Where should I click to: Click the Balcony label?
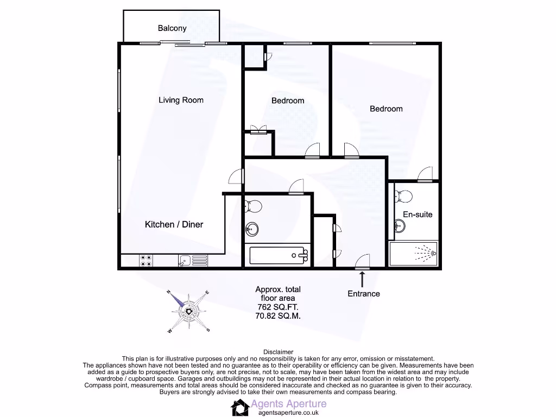[x=172, y=28]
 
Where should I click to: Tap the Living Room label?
[x=181, y=100]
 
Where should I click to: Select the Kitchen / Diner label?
[x=174, y=224]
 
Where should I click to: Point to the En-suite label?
[x=418, y=214]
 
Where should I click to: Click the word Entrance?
[x=364, y=294]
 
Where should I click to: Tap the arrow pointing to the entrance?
[x=362, y=279]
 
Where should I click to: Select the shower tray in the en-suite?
[x=413, y=253]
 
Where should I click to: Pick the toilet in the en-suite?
[x=402, y=195]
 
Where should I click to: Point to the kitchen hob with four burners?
[x=146, y=261]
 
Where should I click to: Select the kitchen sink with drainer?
[x=192, y=261]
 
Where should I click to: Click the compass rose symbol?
[x=188, y=311]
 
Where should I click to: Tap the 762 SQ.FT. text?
[x=278, y=307]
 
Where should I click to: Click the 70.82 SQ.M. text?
[x=278, y=315]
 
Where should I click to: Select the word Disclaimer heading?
[x=278, y=352]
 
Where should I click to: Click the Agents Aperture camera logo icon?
[x=239, y=407]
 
